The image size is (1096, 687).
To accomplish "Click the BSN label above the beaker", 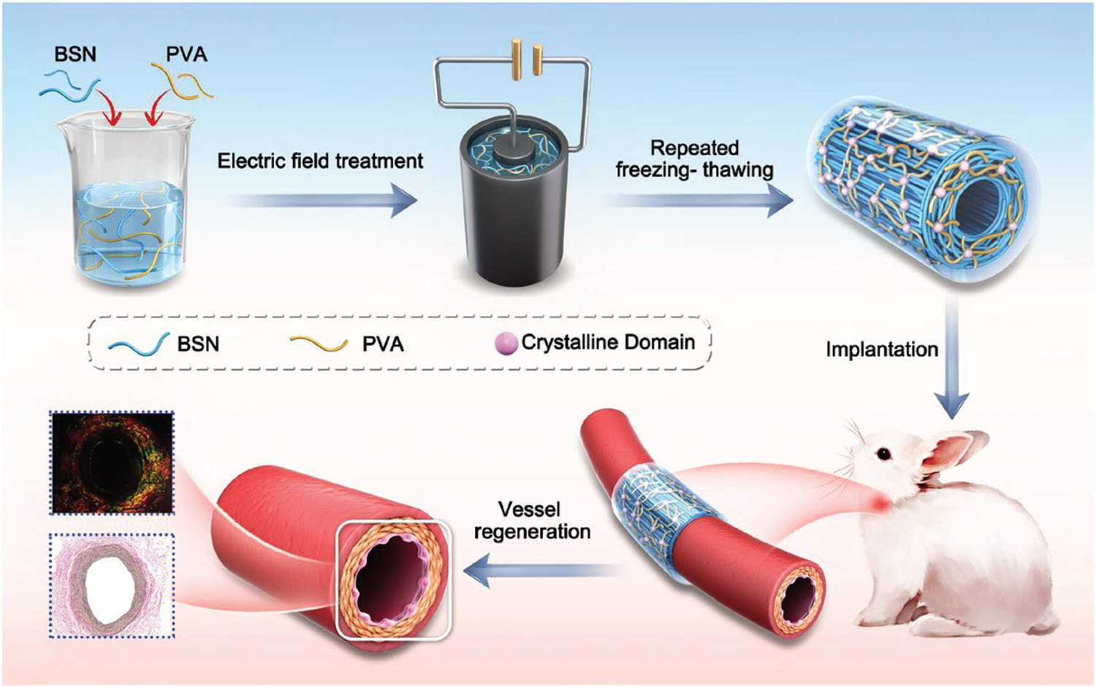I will click(75, 55).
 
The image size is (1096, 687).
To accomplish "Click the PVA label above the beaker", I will click(186, 55).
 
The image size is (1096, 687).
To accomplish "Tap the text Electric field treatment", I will click(320, 161).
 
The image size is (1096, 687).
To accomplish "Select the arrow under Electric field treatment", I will click(321, 200).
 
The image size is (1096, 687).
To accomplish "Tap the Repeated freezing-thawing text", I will click(694, 159).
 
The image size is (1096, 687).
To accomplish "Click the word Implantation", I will click(881, 349).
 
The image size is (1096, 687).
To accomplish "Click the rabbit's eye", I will click(884, 454).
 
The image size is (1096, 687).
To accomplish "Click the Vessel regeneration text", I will click(531, 520).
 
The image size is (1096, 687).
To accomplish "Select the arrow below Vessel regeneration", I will click(541, 569).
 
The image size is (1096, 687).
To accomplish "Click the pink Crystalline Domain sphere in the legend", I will click(506, 343).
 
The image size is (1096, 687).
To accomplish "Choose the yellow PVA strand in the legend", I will click(319, 343).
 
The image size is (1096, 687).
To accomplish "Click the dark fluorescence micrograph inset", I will click(112, 462).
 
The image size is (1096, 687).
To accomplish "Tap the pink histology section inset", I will click(112, 585).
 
